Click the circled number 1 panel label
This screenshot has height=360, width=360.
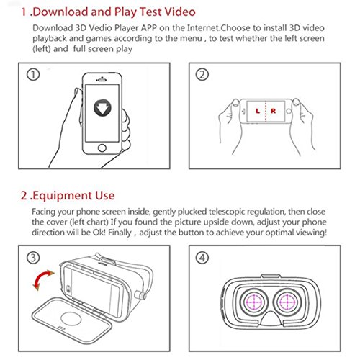33,75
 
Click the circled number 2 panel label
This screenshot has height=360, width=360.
202,75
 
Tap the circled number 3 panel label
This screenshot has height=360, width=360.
33,258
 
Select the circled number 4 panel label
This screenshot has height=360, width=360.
202,258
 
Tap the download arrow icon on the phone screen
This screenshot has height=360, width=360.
102,108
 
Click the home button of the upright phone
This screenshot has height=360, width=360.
102,148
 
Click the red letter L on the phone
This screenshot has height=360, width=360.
258,111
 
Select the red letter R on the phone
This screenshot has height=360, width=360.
274,111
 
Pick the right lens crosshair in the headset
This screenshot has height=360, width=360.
287,302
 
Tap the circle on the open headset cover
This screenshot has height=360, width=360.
71,319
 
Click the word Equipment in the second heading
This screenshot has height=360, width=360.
63,196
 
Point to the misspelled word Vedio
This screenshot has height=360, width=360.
101,28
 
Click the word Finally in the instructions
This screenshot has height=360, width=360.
120,233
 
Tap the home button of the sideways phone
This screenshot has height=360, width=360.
289,111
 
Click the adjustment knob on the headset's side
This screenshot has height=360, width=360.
140,295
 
